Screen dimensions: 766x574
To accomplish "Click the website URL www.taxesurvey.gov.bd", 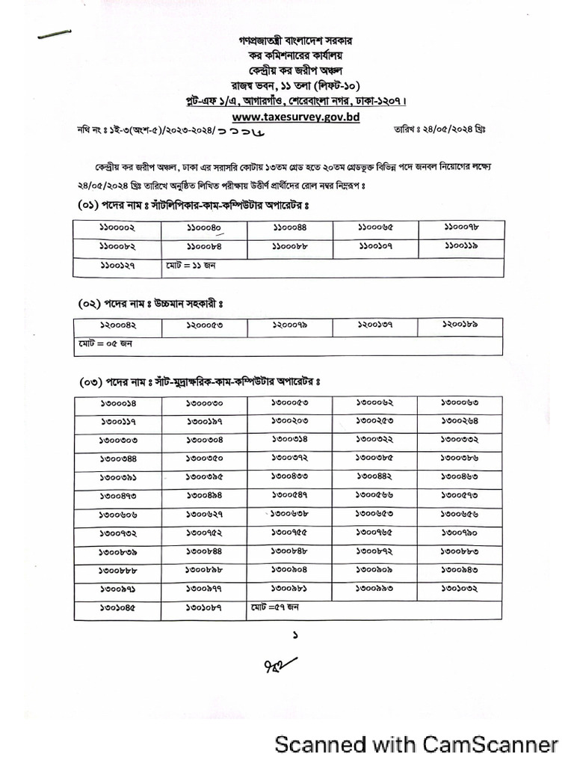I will coord(286,117).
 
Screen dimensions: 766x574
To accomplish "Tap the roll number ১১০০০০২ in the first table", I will coord(117,228).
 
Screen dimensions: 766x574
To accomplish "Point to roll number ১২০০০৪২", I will coord(117,325).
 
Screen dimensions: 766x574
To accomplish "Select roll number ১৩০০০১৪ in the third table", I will coord(117,404).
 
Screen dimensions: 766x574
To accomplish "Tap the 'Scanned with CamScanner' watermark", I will coord(416,744).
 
